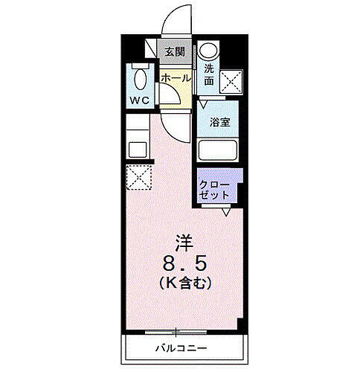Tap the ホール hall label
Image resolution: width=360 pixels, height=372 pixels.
point(174,77)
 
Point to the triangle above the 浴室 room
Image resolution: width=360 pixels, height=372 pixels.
point(203,106)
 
